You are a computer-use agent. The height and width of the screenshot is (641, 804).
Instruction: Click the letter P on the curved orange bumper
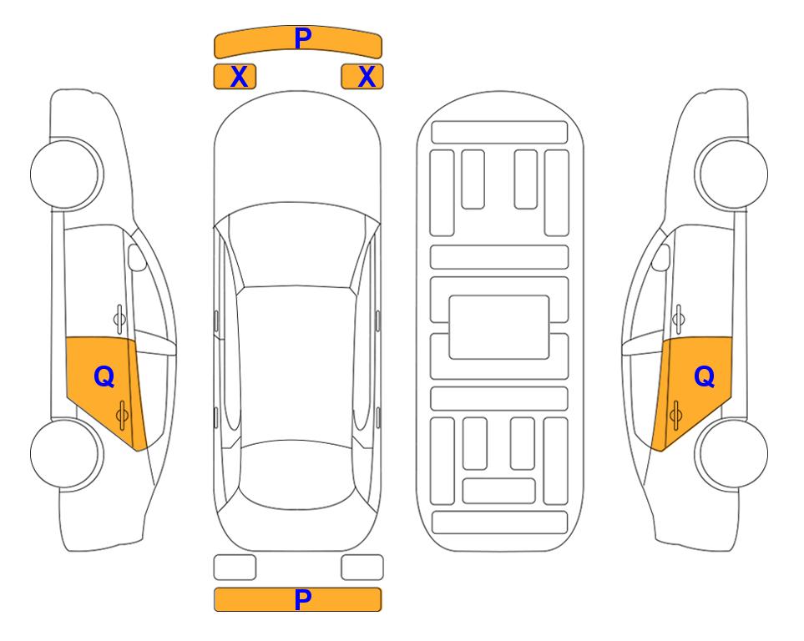click(303, 38)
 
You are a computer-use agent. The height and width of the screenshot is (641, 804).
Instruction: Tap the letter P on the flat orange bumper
click(303, 599)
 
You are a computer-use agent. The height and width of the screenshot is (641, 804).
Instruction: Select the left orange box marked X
click(235, 77)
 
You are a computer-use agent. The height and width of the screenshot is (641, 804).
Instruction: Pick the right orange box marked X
click(362, 77)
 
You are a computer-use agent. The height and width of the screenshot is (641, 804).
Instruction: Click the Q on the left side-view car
click(104, 377)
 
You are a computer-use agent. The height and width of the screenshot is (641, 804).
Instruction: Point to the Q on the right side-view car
click(704, 377)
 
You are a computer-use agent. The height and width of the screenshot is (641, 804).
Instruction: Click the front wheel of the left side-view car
click(65, 174)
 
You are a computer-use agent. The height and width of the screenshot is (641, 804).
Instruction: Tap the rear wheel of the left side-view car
click(65, 453)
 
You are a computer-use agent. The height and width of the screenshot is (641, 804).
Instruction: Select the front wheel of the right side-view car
click(733, 174)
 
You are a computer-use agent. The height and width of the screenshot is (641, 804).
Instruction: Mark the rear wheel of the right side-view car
click(733, 453)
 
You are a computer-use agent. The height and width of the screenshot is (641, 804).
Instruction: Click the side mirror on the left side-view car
click(136, 257)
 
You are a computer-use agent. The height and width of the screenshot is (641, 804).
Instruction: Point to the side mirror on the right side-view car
click(661, 257)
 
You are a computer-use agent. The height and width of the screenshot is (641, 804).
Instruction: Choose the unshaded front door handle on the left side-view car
click(119, 319)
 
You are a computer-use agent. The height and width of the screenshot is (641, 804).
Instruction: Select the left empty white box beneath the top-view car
click(235, 568)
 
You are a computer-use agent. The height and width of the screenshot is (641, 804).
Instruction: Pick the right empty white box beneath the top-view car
click(362, 568)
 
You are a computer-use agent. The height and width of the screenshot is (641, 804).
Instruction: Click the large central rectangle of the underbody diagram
click(499, 327)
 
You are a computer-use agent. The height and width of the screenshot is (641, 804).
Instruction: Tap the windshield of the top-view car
click(296, 246)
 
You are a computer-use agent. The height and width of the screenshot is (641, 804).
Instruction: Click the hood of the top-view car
click(297, 154)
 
